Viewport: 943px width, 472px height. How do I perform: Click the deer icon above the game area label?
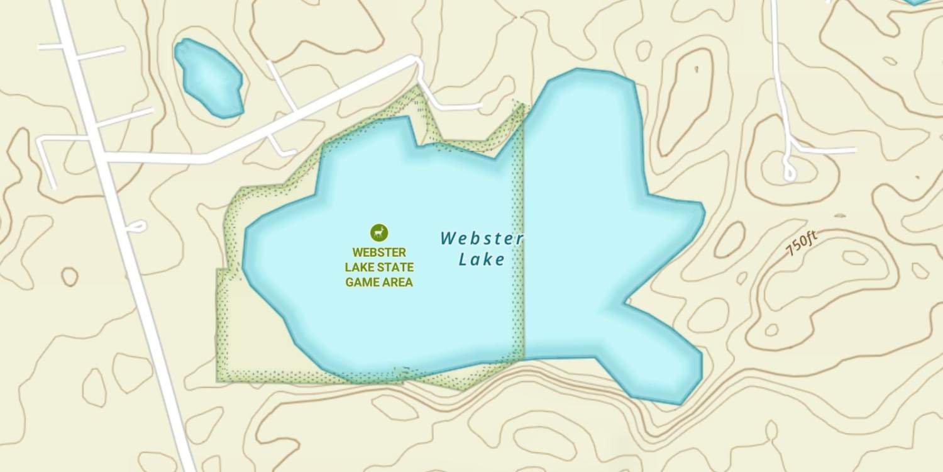379,232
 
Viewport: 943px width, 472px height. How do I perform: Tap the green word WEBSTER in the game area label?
379,253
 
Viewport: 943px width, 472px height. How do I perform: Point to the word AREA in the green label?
399,282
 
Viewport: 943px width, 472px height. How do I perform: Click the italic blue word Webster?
482,239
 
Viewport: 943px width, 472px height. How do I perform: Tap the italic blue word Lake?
482,259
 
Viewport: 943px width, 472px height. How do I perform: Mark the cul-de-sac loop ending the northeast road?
790,171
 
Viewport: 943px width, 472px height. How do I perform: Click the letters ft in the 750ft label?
811,237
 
